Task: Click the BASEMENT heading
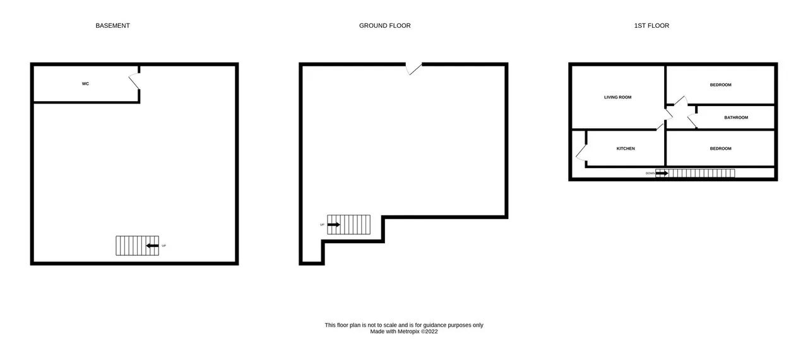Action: [112, 26]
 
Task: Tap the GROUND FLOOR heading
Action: [384, 26]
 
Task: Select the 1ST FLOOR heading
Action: [651, 26]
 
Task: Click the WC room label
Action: [85, 84]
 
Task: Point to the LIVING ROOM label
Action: [617, 97]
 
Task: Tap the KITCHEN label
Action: [626, 148]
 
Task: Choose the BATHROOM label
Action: [736, 117]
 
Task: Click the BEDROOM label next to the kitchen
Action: [720, 148]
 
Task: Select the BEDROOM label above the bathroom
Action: [720, 85]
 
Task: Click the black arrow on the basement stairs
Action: [152, 246]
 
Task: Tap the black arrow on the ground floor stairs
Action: [334, 225]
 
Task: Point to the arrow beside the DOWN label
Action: [662, 174]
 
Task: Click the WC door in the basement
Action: [134, 81]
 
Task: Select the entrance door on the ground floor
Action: [413, 69]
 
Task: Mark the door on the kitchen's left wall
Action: [581, 153]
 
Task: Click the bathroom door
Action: [692, 121]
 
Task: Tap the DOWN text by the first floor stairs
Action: [650, 174]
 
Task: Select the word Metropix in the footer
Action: [408, 332]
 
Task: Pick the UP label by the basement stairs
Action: [163, 246]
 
